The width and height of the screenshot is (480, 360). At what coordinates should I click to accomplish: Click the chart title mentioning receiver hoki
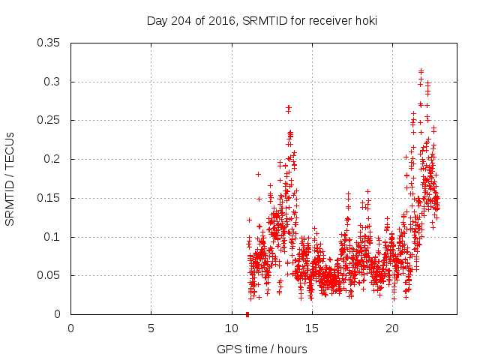click(261, 20)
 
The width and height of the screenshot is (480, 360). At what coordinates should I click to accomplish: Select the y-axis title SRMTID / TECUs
click(10, 178)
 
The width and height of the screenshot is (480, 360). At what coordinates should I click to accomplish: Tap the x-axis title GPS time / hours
click(261, 349)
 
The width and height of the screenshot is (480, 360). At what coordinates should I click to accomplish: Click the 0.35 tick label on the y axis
click(49, 42)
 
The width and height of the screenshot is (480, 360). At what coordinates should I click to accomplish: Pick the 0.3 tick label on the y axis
click(52, 81)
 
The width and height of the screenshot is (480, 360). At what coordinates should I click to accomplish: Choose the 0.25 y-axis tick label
click(49, 120)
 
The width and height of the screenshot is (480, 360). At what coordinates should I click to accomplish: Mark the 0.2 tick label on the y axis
click(52, 159)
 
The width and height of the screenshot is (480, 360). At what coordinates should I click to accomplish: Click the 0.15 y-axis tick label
click(49, 198)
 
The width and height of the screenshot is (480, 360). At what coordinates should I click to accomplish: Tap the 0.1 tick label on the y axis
click(52, 237)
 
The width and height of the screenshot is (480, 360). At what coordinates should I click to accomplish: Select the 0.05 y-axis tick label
click(49, 275)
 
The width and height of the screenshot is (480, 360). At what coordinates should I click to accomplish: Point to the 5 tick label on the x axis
click(151, 328)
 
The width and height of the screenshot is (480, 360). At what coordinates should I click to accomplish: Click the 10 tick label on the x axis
click(231, 328)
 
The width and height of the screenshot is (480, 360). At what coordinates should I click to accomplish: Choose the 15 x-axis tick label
click(311, 328)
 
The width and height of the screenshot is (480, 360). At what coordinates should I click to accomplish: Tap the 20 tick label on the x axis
click(391, 328)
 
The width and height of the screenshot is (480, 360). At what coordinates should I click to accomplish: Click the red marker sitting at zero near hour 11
click(247, 314)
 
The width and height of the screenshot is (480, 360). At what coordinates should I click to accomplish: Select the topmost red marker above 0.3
click(421, 71)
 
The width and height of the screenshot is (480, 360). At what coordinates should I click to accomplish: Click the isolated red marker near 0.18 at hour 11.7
click(258, 174)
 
